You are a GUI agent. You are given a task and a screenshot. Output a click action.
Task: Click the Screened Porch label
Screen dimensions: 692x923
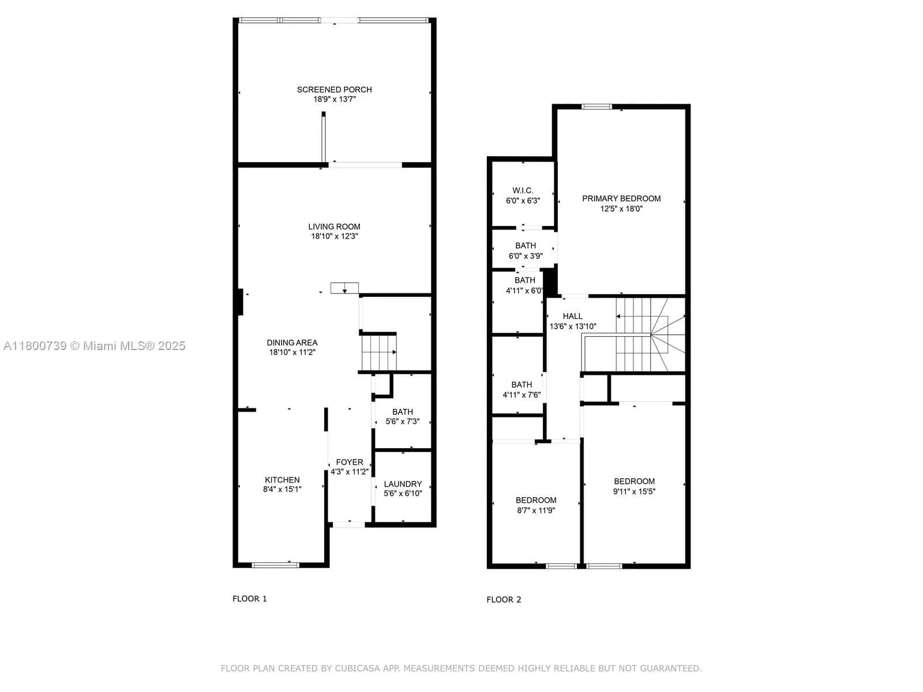pyautogui.click(x=334, y=89)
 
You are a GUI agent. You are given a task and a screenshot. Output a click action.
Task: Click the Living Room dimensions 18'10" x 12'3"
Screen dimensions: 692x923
pyautogui.click(x=334, y=236)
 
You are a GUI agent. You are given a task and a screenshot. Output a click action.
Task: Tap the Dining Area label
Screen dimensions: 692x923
pyautogui.click(x=292, y=343)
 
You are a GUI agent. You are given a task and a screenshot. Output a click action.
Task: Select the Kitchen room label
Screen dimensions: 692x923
pyautogui.click(x=282, y=480)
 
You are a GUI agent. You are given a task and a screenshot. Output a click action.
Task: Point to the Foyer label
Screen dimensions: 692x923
pyautogui.click(x=350, y=462)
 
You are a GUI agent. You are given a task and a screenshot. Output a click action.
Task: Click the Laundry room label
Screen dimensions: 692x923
pyautogui.click(x=403, y=484)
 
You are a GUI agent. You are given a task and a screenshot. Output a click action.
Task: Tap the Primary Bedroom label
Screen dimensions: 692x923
pyautogui.click(x=621, y=198)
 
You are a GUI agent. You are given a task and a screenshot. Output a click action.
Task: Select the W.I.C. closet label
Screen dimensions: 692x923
pyautogui.click(x=523, y=190)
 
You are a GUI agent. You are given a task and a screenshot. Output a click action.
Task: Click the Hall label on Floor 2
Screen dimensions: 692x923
pyautogui.click(x=573, y=316)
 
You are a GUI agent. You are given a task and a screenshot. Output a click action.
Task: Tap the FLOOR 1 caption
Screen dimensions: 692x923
pyautogui.click(x=250, y=599)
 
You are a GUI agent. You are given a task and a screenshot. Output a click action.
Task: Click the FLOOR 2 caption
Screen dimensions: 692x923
pyautogui.click(x=504, y=600)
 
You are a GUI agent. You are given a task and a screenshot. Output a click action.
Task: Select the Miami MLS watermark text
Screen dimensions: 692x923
pyautogui.click(x=95, y=346)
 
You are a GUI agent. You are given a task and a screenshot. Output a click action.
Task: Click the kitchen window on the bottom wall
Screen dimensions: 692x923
pyautogui.click(x=276, y=565)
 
